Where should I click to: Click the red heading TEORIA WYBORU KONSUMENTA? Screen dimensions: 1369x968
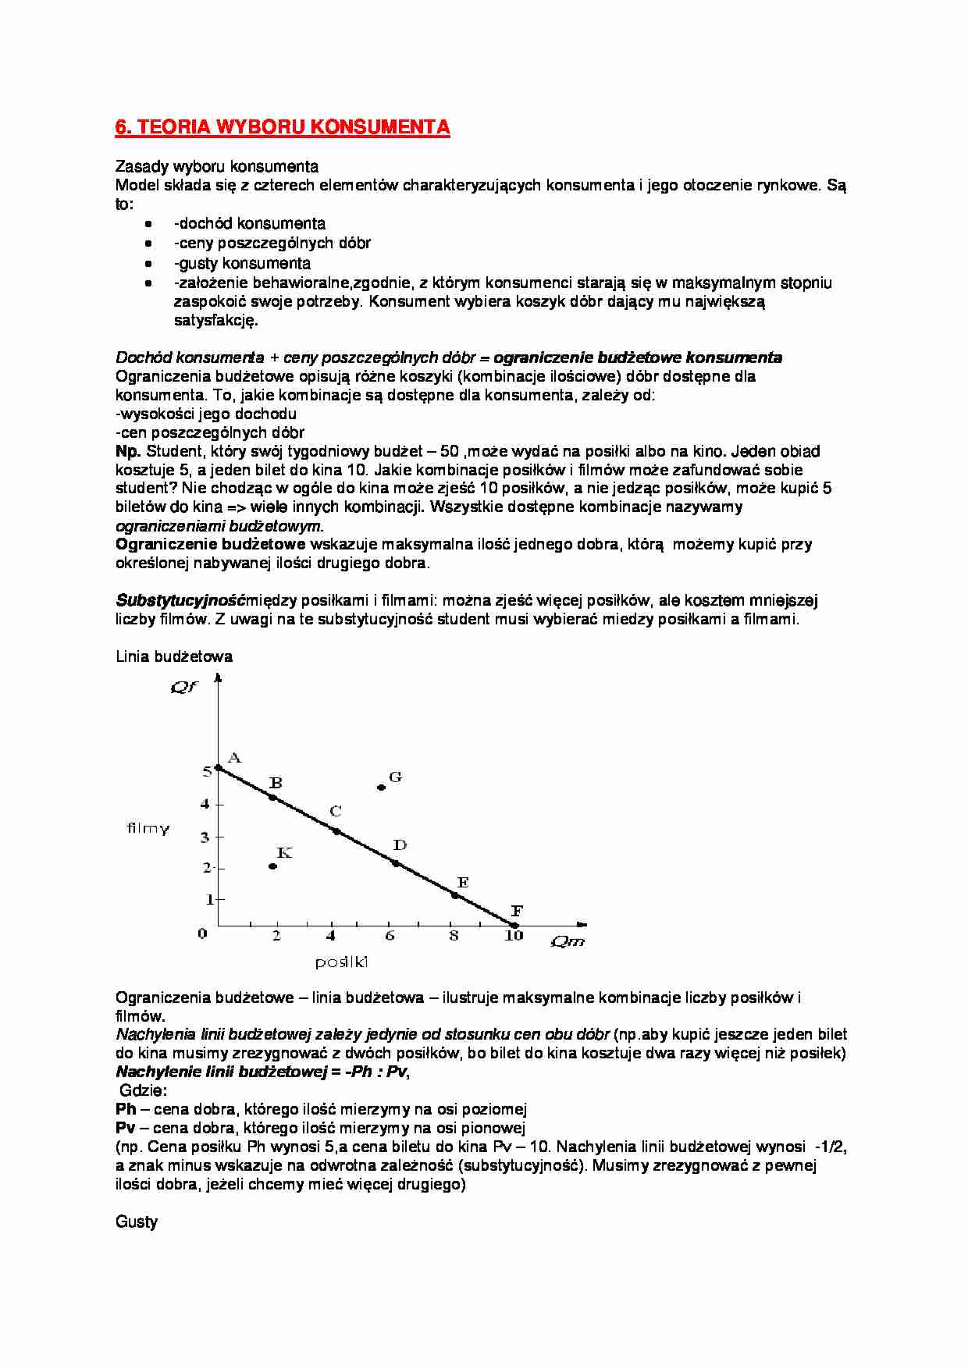tap(282, 128)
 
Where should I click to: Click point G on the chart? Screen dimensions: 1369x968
tap(381, 788)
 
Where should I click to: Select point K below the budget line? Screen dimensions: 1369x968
tap(272, 866)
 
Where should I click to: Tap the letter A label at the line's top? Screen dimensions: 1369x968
tap(233, 757)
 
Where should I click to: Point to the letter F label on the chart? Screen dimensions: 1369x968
tap(517, 910)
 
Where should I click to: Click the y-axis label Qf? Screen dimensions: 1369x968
tap(184, 688)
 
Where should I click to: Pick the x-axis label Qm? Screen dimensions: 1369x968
tap(568, 941)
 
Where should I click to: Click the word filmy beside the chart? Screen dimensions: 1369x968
tap(148, 829)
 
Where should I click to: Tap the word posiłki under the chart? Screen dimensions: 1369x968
tap(341, 963)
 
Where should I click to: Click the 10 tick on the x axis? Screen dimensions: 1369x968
tap(513, 935)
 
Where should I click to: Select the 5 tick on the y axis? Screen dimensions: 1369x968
tap(207, 771)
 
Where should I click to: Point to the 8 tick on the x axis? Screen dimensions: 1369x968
tap(454, 935)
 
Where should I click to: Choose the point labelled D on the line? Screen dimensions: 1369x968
tap(395, 863)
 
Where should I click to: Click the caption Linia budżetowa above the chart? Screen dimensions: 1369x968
tap(173, 656)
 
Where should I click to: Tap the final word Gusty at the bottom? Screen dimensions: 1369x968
tap(137, 1221)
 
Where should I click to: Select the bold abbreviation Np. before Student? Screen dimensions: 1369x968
tap(128, 451)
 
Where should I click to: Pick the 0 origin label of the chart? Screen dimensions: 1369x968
tap(202, 933)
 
